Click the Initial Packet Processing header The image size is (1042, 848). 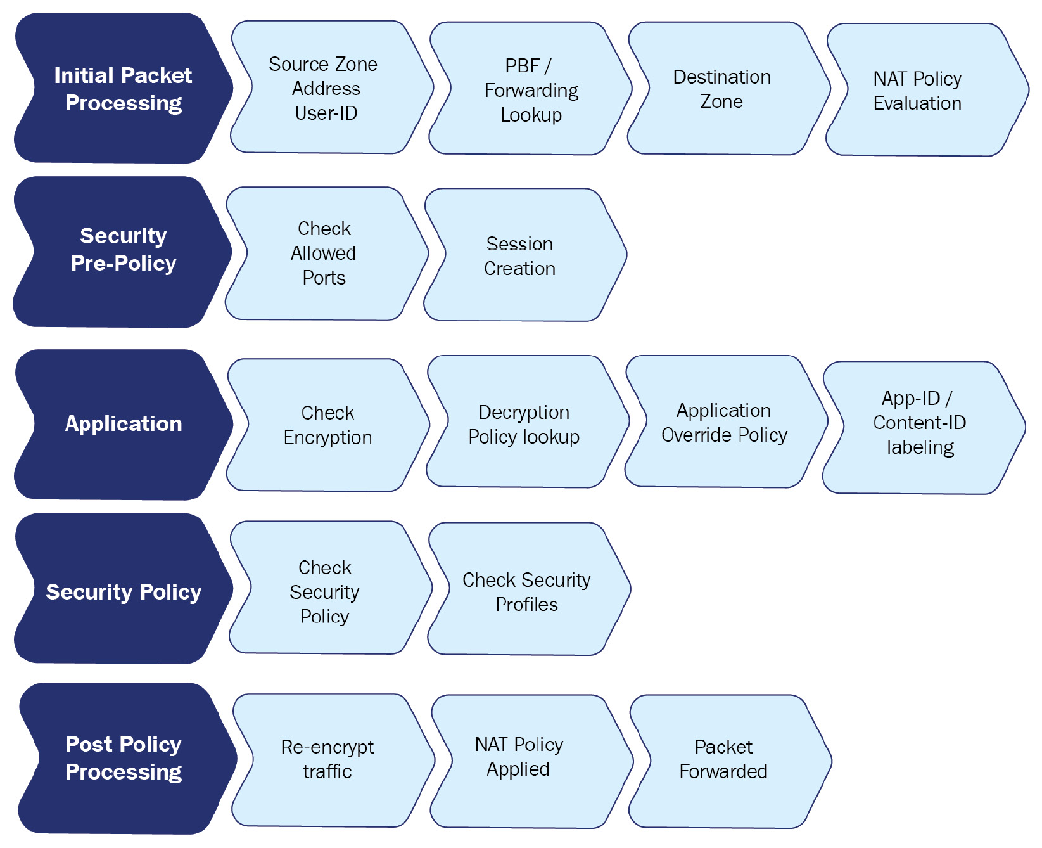point(124,88)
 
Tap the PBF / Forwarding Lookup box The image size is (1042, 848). point(531,89)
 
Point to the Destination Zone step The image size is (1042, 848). point(728,89)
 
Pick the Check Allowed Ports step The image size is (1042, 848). point(327,254)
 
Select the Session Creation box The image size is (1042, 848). point(525,255)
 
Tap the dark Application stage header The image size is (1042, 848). point(124,425)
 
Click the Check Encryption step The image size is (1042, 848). point(328,425)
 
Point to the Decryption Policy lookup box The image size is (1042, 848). point(528,421)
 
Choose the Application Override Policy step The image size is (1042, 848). point(727,421)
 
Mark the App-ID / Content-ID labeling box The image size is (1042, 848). point(924,428)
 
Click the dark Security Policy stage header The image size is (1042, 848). point(124,589)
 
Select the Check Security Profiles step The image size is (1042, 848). point(530,589)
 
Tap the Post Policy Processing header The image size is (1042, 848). point(127,759)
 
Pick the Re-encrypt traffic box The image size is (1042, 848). point(333,761)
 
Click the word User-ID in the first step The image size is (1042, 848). point(326,113)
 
